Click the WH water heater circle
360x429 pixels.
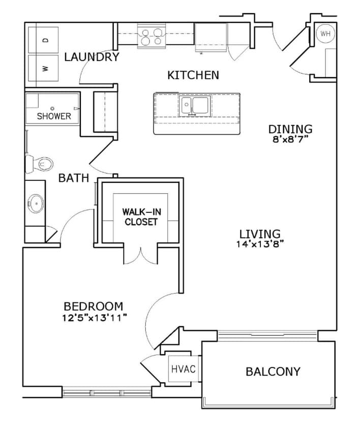[x=325, y=34]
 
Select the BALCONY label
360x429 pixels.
[x=273, y=372]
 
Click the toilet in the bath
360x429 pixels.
[x=41, y=163]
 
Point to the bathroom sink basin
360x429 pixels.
[x=36, y=204]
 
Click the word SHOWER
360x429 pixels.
[x=54, y=116]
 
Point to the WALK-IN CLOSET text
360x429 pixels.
[x=141, y=217]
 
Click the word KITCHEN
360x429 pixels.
[x=193, y=75]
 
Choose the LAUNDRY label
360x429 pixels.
[x=92, y=57]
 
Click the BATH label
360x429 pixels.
[x=74, y=178]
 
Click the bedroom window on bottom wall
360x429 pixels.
[x=106, y=392]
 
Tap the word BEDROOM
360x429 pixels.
[x=93, y=307]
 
